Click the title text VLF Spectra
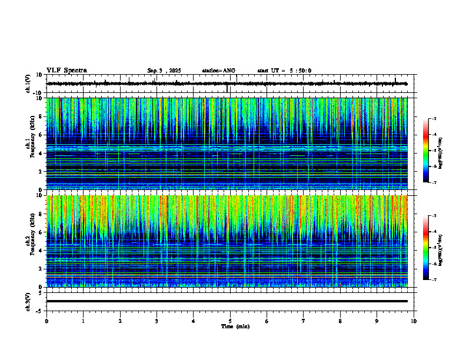click(x=66, y=70)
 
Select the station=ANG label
click(x=218, y=71)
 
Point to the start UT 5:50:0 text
click(x=284, y=71)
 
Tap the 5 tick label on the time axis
click(x=230, y=321)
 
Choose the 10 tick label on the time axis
click(x=414, y=321)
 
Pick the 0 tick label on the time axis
click(x=46, y=321)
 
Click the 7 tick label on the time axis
click(x=304, y=321)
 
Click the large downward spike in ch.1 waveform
click(x=227, y=89)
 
